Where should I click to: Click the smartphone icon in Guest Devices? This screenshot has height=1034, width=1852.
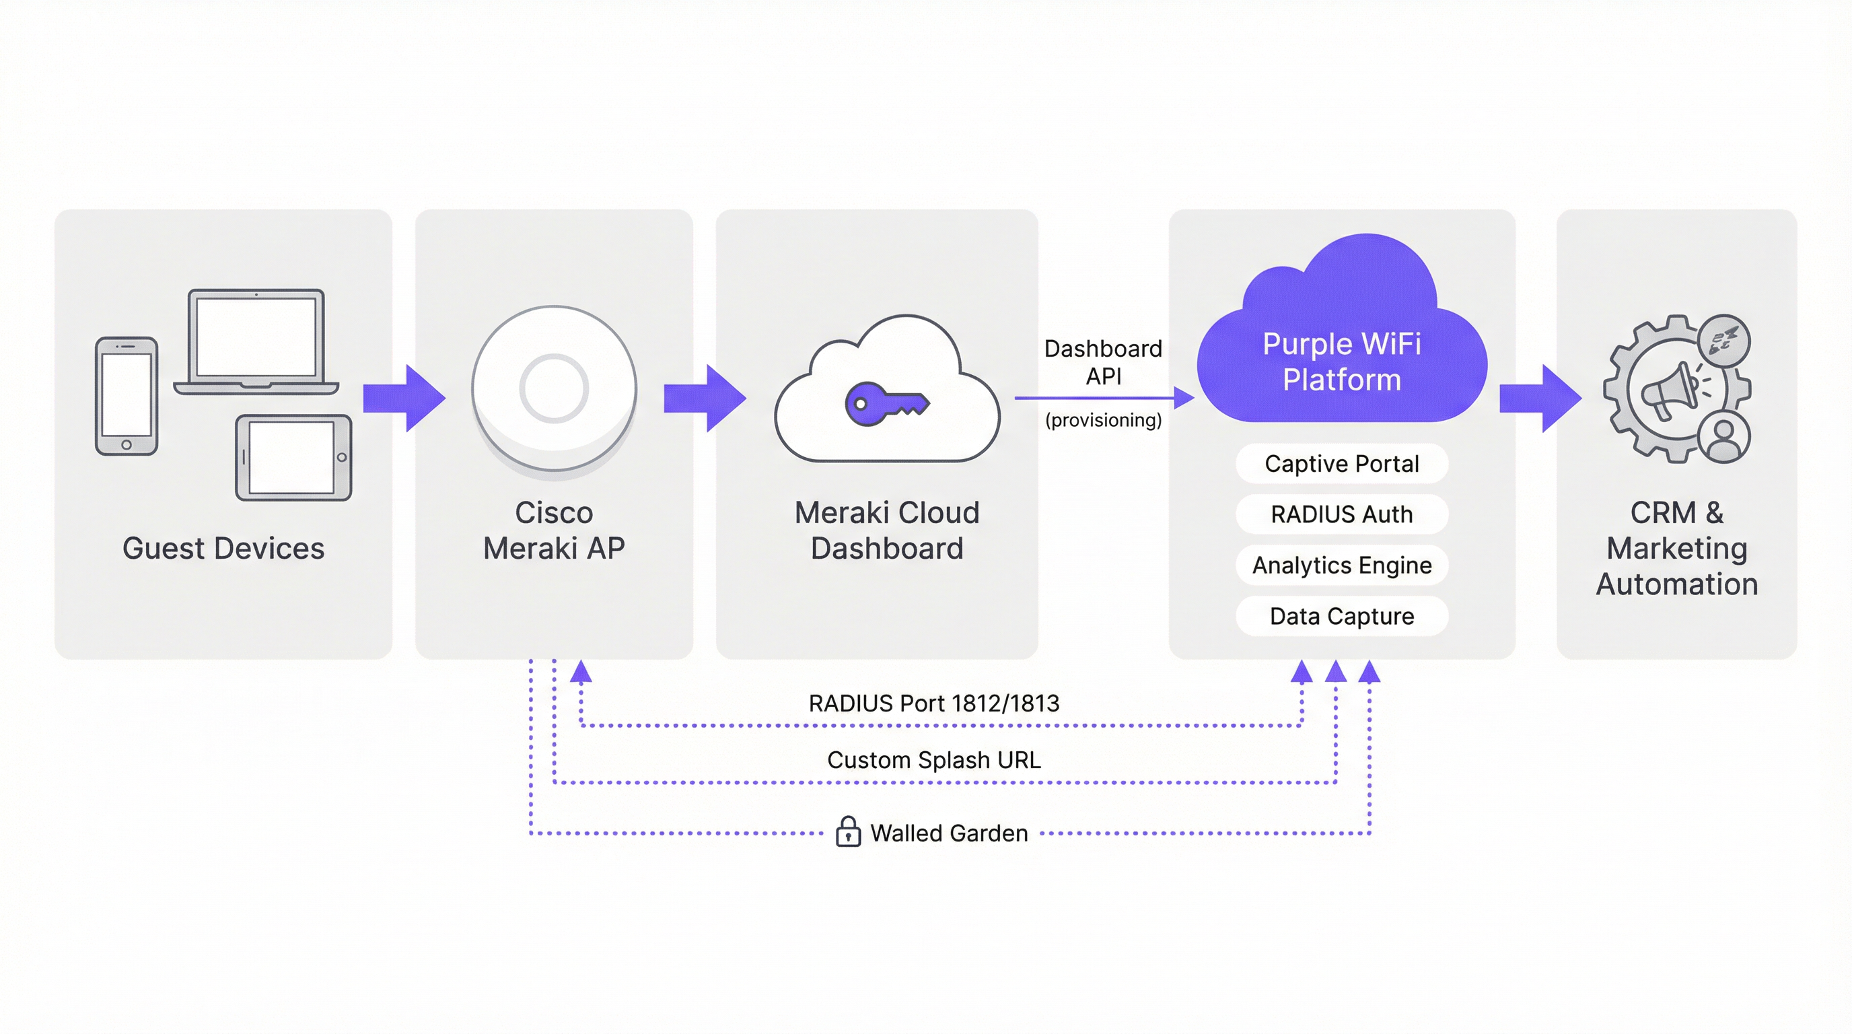127,397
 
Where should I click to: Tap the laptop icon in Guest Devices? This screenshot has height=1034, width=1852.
256,341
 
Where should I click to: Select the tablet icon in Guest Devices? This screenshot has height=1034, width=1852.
293,457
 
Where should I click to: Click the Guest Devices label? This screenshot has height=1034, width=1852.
223,548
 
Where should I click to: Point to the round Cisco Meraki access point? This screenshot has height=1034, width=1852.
554,388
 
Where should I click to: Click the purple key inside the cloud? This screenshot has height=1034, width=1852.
886,404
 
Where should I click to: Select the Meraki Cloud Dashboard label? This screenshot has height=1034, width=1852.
886,530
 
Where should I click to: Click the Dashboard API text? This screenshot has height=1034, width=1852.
1103,362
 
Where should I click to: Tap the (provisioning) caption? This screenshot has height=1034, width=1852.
1103,420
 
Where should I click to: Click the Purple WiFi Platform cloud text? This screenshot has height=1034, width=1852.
1341,361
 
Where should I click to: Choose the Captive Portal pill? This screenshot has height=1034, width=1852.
1341,464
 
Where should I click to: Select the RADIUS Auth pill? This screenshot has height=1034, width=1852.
1341,514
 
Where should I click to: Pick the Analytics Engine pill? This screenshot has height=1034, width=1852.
1341,565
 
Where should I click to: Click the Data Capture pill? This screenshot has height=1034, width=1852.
1341,616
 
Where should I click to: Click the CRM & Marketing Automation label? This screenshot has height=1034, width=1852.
1676,548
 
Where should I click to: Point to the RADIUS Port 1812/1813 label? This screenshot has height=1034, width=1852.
934,703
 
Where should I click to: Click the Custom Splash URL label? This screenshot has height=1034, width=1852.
934,760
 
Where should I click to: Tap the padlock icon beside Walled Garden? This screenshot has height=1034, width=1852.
849,832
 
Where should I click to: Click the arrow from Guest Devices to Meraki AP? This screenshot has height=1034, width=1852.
404,399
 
